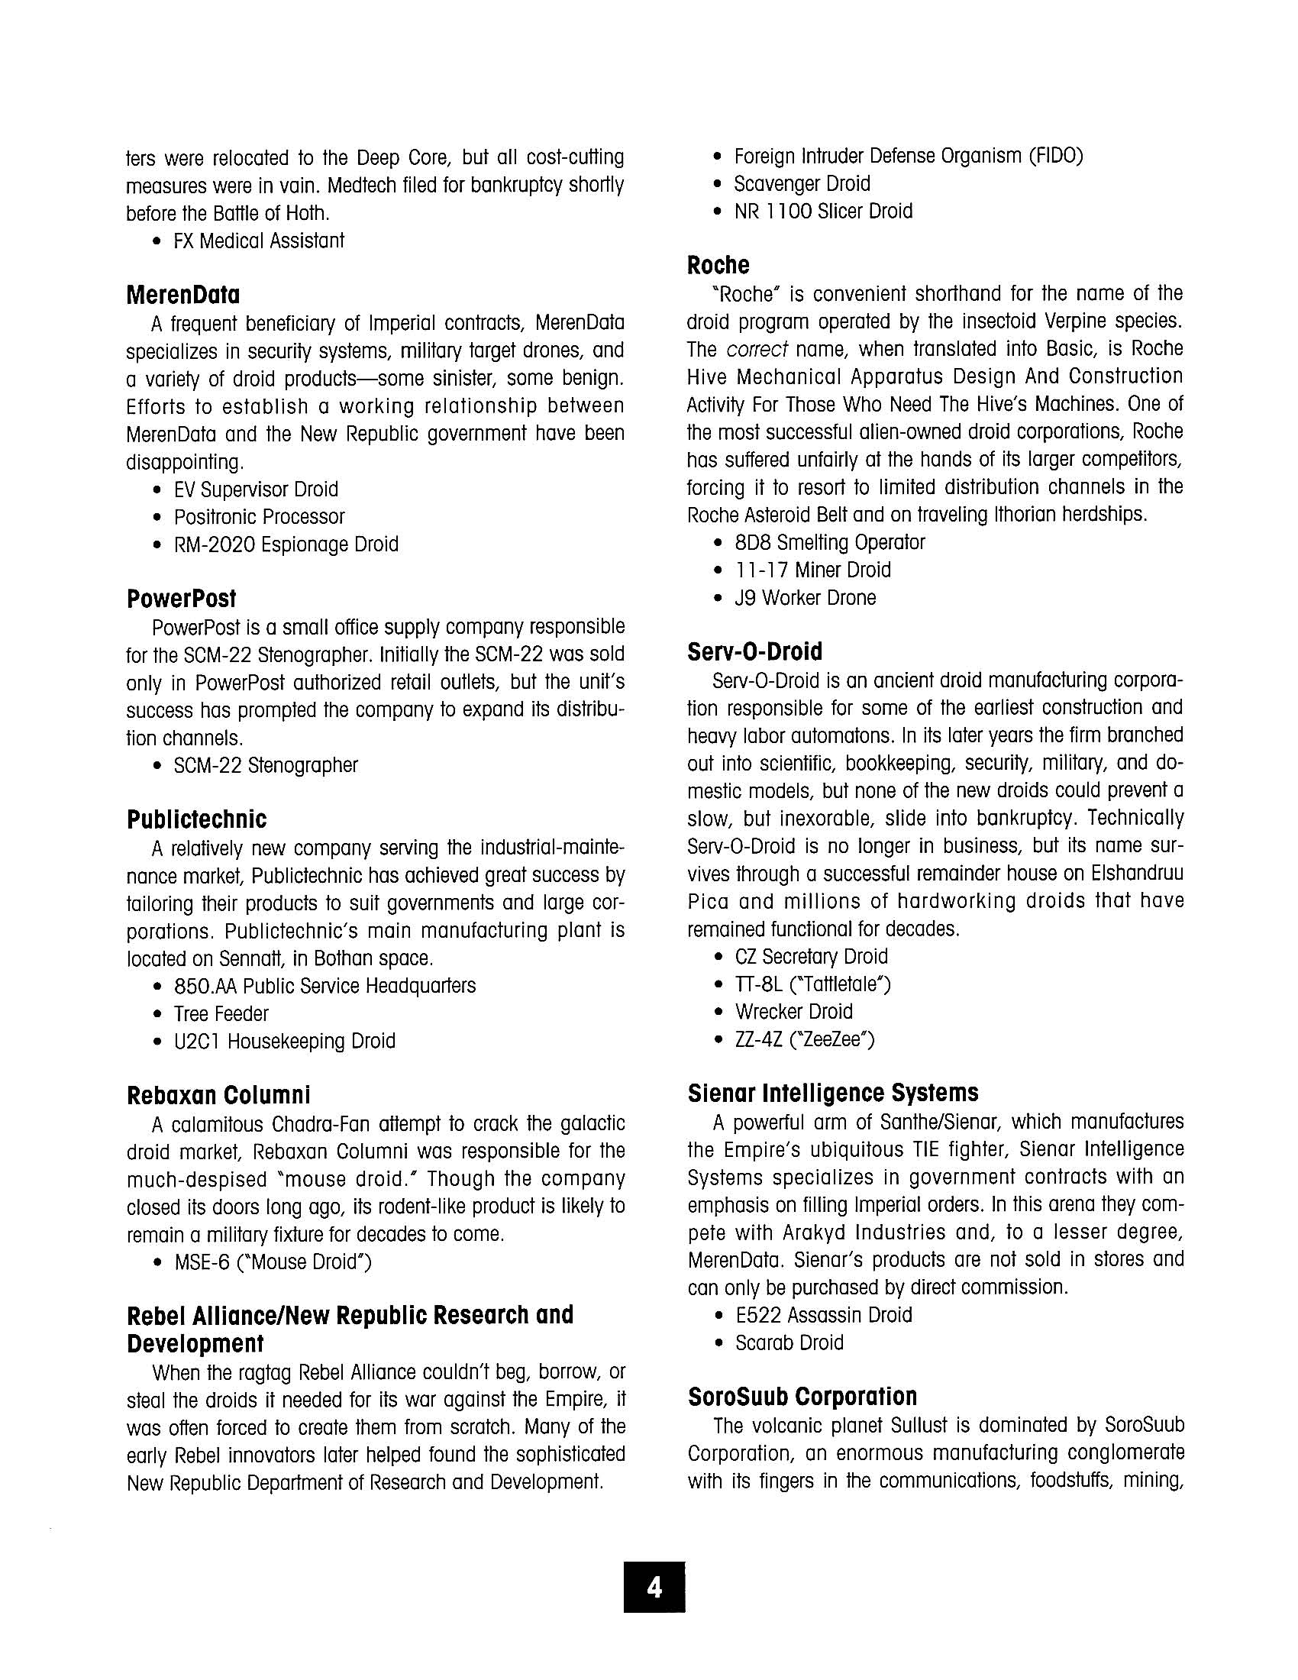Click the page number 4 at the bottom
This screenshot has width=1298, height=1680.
pos(654,1587)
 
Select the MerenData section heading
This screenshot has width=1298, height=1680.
pos(183,295)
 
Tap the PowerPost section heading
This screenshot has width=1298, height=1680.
pos(182,599)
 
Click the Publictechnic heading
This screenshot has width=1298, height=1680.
pos(197,819)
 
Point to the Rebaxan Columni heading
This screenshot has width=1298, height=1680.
pos(218,1094)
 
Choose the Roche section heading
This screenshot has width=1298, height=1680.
pos(718,266)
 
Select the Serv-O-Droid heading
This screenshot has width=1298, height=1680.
pos(754,651)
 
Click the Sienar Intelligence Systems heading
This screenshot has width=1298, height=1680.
pos(833,1093)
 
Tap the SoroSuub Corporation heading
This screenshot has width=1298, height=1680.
pos(802,1396)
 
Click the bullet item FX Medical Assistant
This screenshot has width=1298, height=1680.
pos(258,241)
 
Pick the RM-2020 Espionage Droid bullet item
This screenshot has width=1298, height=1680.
pos(286,544)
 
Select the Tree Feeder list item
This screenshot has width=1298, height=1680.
pos(221,1014)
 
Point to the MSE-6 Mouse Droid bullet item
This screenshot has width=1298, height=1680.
pos(273,1262)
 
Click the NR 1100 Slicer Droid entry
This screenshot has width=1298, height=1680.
pos(823,212)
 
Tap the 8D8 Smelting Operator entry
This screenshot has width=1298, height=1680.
pos(830,543)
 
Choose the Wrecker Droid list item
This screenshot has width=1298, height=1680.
pos(793,1012)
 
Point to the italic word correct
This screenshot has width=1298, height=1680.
pos(757,349)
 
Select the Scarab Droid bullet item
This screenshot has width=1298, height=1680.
pos(789,1342)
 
